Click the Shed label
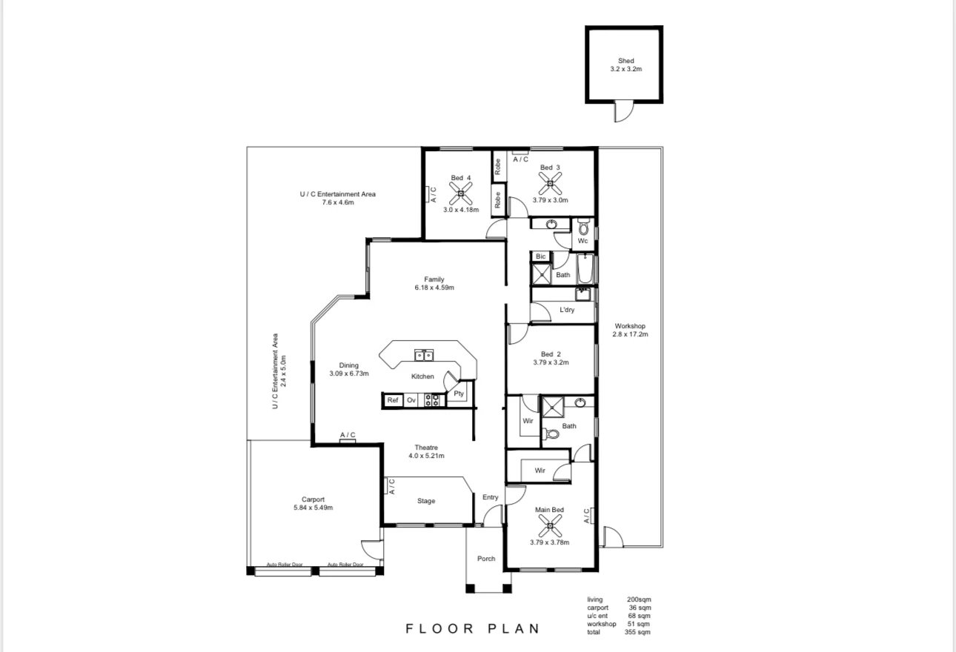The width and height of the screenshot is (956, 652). (626, 61)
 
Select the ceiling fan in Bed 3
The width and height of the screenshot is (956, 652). (550, 183)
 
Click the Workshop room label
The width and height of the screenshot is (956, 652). (630, 326)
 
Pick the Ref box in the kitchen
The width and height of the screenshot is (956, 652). (393, 400)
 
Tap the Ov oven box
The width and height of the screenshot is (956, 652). (411, 400)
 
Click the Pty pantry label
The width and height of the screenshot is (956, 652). (459, 393)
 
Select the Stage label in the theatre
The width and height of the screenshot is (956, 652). (426, 501)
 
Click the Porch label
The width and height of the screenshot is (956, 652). (486, 559)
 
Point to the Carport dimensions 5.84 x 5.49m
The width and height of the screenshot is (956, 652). (313, 508)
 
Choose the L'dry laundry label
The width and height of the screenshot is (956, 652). (567, 310)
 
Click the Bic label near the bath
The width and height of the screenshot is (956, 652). (540, 256)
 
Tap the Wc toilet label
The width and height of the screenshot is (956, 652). (582, 241)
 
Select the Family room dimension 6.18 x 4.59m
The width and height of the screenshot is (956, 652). (434, 287)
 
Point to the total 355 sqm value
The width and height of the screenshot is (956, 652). (639, 632)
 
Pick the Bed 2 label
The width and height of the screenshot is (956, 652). (549, 353)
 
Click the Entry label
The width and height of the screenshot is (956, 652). (491, 497)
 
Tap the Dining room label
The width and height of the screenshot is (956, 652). (349, 365)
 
